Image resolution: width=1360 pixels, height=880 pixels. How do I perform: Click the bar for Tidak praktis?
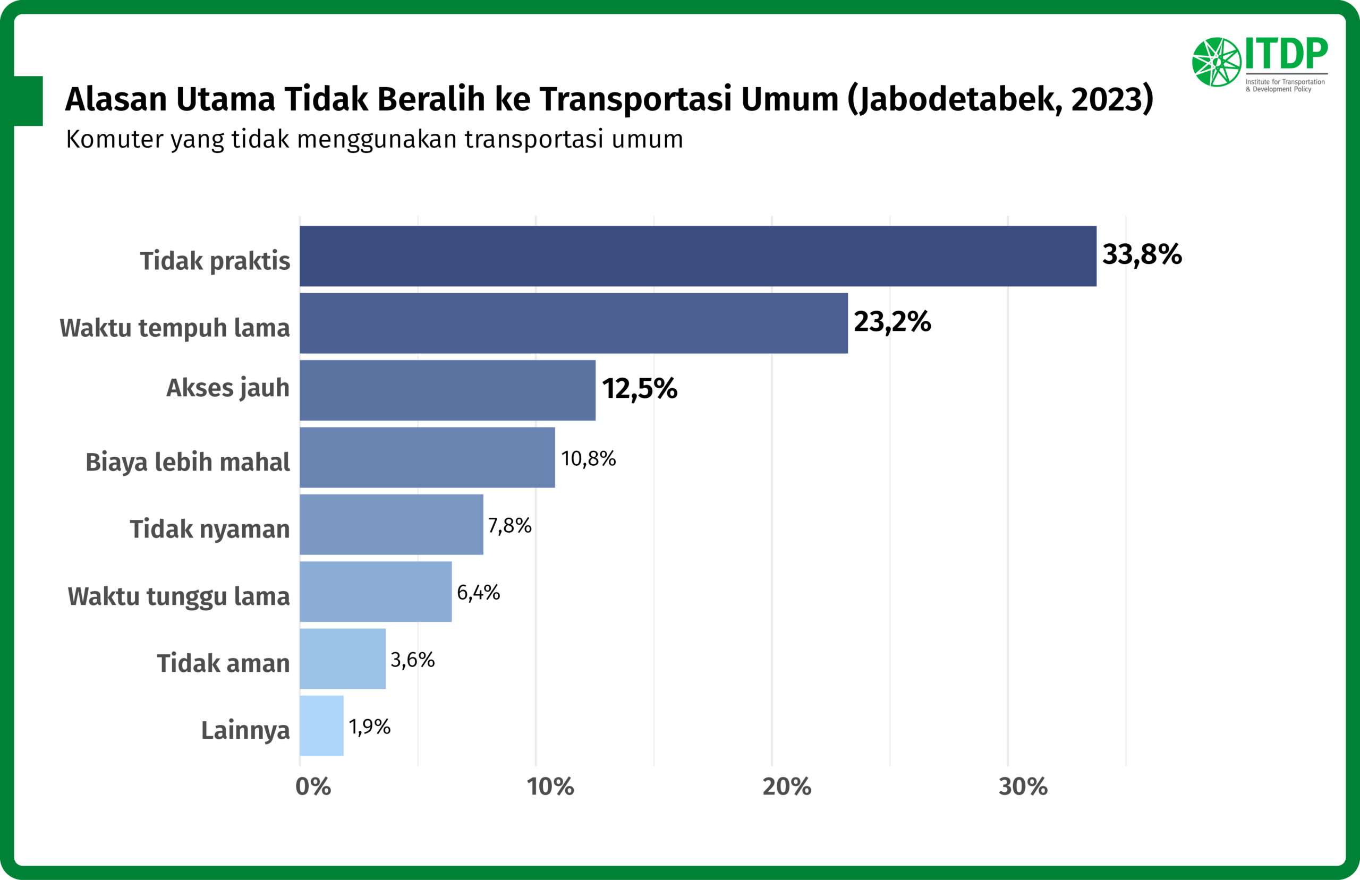(698, 256)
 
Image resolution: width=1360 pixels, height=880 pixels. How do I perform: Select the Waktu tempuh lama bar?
(574, 323)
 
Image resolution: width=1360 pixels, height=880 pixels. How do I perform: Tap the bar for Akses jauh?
(447, 390)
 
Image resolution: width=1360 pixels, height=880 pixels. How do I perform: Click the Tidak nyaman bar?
(392, 525)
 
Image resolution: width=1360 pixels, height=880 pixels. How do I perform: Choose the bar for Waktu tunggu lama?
(376, 592)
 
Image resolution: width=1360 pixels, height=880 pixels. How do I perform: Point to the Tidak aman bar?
(343, 659)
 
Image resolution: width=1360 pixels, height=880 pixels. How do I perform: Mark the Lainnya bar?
(322, 725)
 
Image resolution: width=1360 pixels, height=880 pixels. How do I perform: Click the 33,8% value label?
(1142, 255)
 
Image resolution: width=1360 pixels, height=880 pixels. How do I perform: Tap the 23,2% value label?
(892, 322)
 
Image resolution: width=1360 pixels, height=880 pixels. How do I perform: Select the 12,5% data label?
(640, 389)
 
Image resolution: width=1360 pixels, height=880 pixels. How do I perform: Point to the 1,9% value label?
(370, 727)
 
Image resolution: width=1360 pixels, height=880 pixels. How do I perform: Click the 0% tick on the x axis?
(313, 787)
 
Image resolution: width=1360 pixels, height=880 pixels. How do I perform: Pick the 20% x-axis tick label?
(787, 787)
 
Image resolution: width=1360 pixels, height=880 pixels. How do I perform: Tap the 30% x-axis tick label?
(1023, 787)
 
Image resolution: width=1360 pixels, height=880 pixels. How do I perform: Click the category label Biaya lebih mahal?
(188, 462)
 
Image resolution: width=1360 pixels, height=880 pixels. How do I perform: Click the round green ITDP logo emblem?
(1217, 62)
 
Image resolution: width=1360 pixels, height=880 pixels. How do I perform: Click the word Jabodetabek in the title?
(954, 99)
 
